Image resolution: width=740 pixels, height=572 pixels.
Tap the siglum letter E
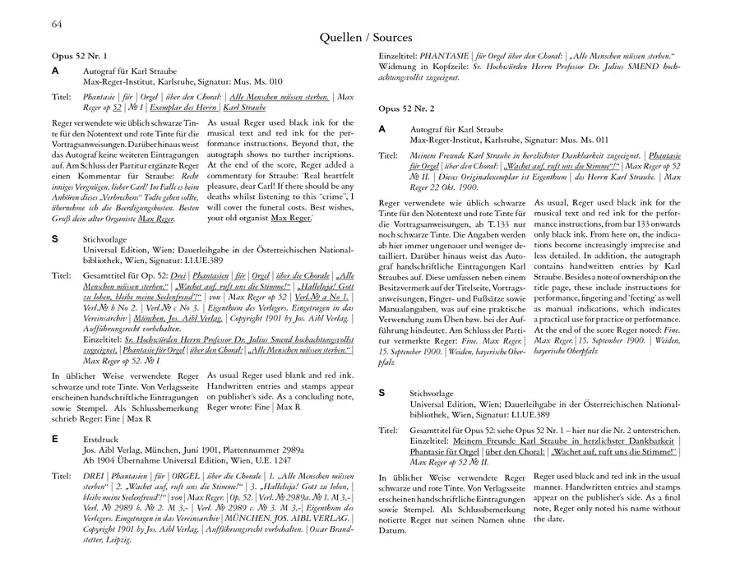(x=54, y=440)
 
